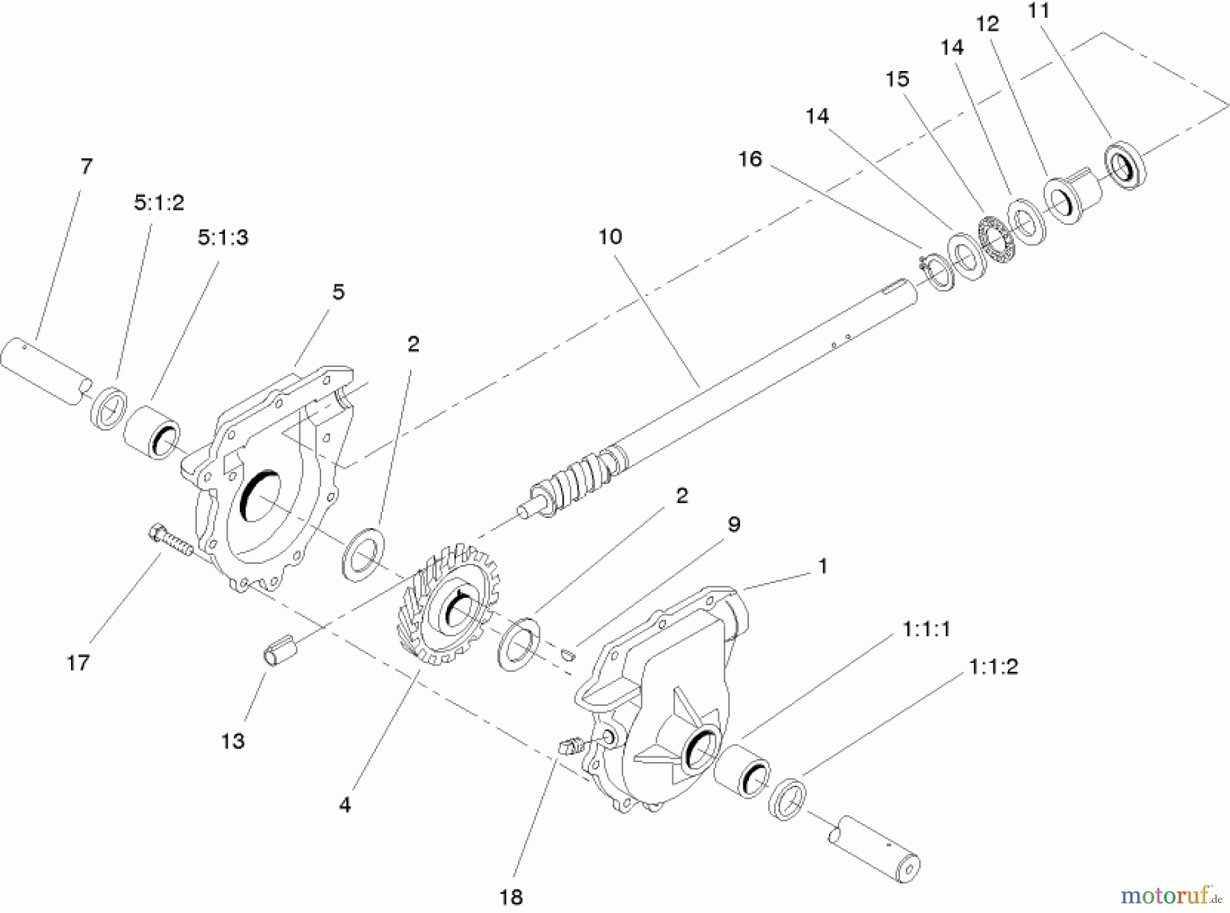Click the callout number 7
coord(85,166)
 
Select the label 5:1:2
coord(159,203)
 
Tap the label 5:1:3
coord(223,238)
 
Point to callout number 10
coord(610,237)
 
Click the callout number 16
coord(750,159)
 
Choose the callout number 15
coord(897,79)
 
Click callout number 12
coord(987,24)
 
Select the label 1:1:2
coord(994,667)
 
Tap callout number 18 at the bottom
coord(510,897)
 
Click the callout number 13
coord(232,741)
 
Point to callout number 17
coord(78,662)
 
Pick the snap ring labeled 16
coord(936,273)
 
